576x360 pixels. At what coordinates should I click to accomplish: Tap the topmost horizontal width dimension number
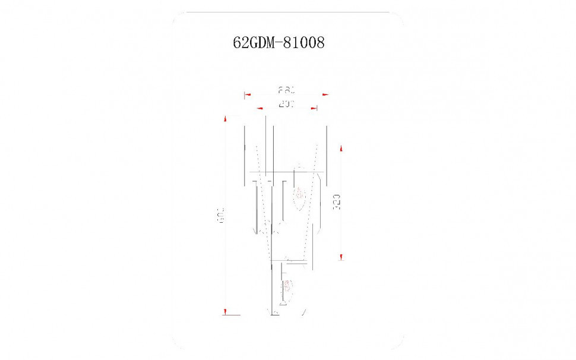coord(287,91)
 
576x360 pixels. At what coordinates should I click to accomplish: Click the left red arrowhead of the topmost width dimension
coord(248,94)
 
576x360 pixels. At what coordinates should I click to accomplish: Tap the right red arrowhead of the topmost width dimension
coord(325,94)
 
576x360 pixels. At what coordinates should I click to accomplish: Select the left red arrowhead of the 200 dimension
coord(259,109)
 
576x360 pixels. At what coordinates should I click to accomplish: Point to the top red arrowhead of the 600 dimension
coord(226,119)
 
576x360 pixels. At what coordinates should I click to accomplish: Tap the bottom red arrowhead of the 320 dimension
coord(341,257)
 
